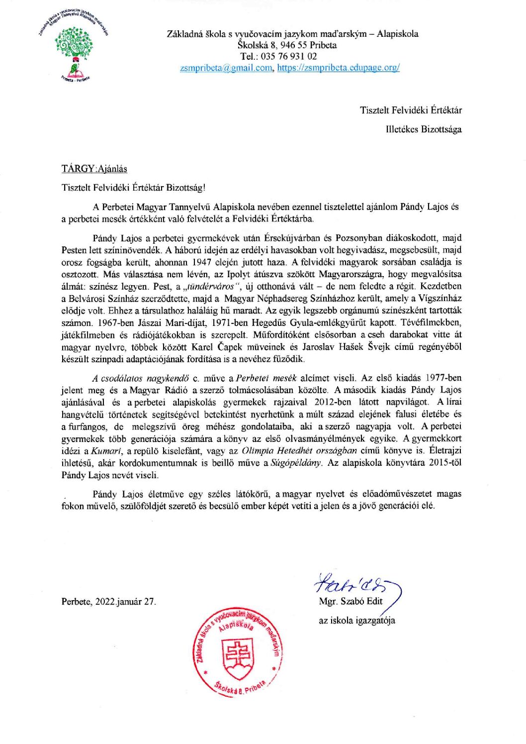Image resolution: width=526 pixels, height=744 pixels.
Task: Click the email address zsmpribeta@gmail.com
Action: coord(227,68)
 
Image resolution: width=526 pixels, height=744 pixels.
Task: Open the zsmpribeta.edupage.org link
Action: coord(338,68)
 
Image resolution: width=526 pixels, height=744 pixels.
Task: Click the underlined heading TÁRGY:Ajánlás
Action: coord(94,169)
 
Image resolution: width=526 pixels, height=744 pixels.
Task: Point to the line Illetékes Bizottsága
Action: coord(423,129)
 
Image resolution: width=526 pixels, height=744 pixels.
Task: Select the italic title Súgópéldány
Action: coord(296,463)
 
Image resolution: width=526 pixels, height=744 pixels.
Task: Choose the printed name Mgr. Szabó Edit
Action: coord(351,601)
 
